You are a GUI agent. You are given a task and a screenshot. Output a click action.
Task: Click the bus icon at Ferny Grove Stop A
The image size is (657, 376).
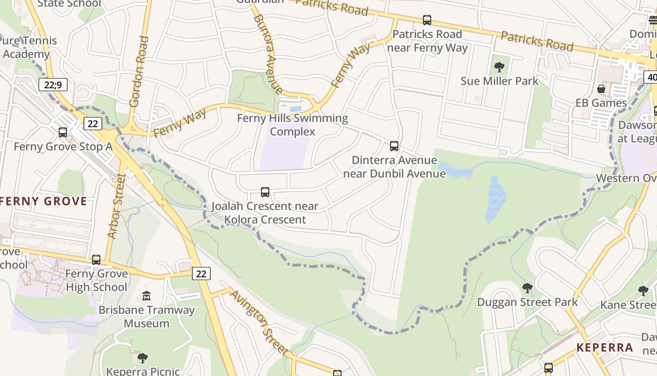pos(63,133)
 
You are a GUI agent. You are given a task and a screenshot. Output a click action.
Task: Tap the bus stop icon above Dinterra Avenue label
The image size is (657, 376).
pos(394,146)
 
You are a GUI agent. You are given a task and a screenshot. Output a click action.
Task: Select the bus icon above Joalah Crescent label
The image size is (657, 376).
pos(265,192)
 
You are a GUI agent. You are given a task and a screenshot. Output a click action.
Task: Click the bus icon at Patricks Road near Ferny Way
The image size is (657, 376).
pos(427,20)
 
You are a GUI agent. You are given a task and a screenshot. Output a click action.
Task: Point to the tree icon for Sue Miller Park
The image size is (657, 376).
pos(499,67)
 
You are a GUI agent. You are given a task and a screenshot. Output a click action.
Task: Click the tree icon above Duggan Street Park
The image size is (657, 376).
pos(527,288)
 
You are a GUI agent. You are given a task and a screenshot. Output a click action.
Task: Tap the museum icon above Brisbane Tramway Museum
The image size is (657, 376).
pos(146,296)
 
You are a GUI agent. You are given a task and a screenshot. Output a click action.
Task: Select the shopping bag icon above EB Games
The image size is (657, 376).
pos(601,89)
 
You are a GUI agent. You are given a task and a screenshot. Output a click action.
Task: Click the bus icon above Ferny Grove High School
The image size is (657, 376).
pos(96,259)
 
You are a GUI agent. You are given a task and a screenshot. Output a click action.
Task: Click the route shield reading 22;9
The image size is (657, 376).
pos(53,85)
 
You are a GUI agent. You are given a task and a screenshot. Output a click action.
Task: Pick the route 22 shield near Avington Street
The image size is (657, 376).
pos(201,274)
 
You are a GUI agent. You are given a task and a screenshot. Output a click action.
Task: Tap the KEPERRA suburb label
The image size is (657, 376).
pos(604,348)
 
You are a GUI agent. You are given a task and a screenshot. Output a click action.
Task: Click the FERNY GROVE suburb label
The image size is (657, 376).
pos(44,202)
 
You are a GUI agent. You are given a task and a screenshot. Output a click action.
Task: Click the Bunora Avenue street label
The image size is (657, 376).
pos(268,54)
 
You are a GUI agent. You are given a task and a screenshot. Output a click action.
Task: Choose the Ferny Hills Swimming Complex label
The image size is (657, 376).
pos(292,125)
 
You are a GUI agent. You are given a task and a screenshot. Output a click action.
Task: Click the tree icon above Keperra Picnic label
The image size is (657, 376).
pos(143,358)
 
